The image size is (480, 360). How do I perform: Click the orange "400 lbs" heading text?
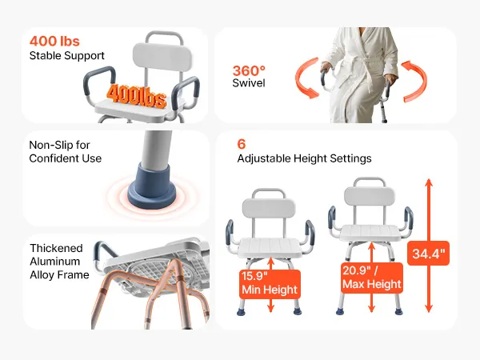[x=54, y=42]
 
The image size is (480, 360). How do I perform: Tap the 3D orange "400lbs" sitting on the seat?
[x=137, y=96]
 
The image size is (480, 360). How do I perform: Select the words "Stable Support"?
[x=66, y=56]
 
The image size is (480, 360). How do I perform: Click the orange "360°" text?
[x=249, y=71]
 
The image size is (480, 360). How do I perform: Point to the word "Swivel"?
[x=249, y=83]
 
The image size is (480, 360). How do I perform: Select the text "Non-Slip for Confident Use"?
[x=66, y=151]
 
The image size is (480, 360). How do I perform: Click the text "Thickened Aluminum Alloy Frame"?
[x=59, y=262]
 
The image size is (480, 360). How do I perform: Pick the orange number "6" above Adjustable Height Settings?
[x=242, y=144]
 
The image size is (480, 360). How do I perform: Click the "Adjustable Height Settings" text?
[x=304, y=158]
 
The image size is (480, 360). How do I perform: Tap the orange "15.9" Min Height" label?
[x=270, y=283]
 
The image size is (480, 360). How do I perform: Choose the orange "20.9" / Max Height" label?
[x=372, y=278]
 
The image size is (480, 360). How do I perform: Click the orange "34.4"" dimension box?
[x=428, y=254]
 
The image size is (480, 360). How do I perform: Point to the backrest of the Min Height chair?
[x=269, y=208]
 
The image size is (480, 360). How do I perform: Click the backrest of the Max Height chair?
[x=370, y=197]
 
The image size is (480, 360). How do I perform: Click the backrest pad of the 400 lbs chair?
[x=162, y=58]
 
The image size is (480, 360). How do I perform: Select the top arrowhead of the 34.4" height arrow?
[x=429, y=182]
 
